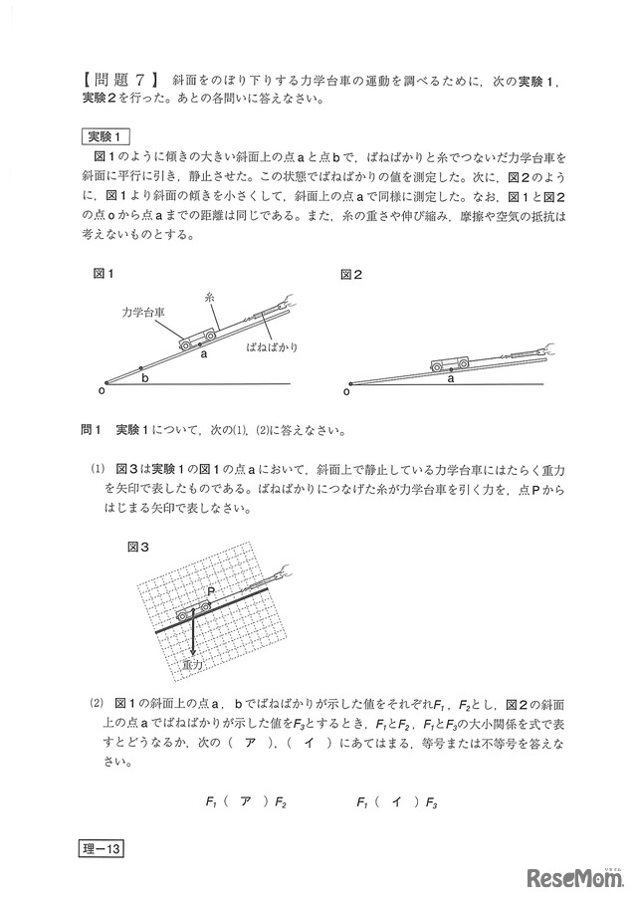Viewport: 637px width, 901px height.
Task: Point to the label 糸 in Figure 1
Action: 209,297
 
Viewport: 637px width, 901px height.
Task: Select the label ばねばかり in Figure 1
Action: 272,348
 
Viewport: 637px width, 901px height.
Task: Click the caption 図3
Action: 138,547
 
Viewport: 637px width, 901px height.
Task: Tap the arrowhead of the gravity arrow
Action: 193,648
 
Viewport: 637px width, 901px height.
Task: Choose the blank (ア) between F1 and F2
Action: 244,800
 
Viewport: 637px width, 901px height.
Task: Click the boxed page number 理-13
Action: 101,849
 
